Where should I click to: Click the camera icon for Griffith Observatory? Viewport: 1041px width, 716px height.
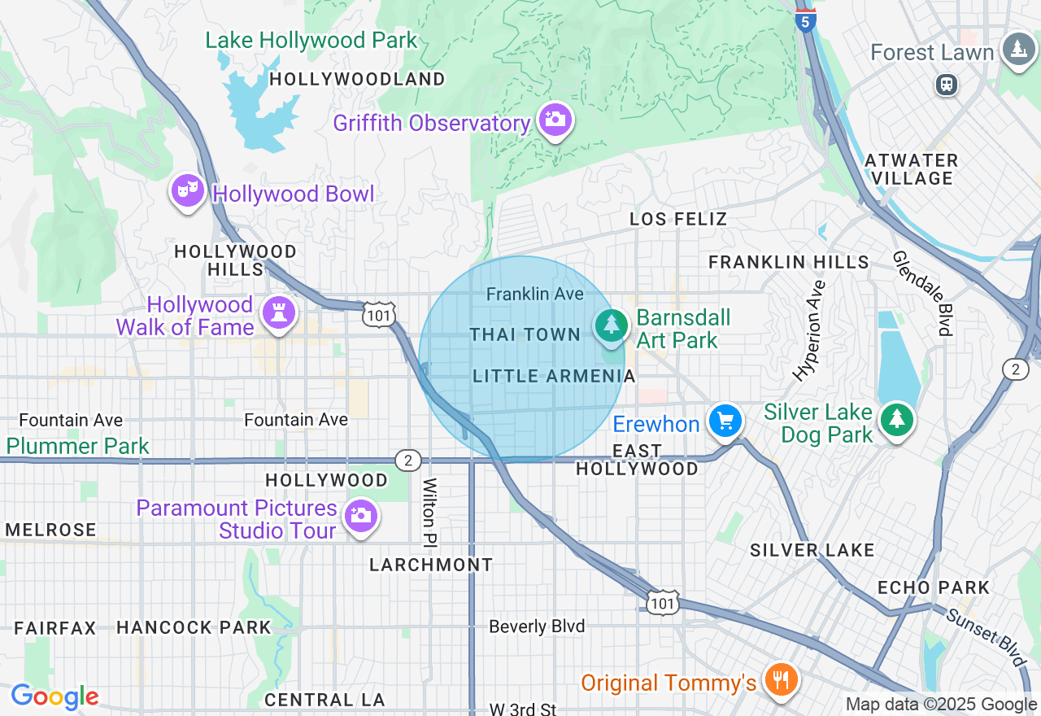pyautogui.click(x=555, y=120)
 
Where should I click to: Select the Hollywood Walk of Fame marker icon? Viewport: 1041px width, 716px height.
pyautogui.click(x=279, y=313)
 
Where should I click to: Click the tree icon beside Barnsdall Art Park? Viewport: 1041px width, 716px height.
pyautogui.click(x=611, y=325)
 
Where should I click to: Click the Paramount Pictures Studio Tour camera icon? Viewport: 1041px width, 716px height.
pyautogui.click(x=360, y=516)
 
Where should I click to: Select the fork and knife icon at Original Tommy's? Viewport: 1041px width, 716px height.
pyautogui.click(x=782, y=679)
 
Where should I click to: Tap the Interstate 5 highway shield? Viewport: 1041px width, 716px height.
pyautogui.click(x=805, y=20)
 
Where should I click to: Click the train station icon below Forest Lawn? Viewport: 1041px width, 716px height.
pyautogui.click(x=946, y=84)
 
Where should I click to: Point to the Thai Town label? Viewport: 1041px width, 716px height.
pyautogui.click(x=525, y=334)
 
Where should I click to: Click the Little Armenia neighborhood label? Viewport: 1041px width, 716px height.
pyautogui.click(x=554, y=376)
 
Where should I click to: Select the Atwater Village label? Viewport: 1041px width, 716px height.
pyautogui.click(x=911, y=169)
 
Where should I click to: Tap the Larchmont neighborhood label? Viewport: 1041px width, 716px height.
pyautogui.click(x=431, y=565)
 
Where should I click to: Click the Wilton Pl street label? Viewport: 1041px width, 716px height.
pyautogui.click(x=429, y=512)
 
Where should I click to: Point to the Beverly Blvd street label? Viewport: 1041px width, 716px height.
pyautogui.click(x=537, y=626)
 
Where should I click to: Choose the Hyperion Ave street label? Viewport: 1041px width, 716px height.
pyautogui.click(x=810, y=330)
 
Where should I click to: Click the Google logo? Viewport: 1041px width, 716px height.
pyautogui.click(x=54, y=697)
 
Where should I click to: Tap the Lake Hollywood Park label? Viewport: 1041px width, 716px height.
pyautogui.click(x=311, y=40)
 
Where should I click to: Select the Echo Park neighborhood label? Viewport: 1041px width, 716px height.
pyautogui.click(x=934, y=587)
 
